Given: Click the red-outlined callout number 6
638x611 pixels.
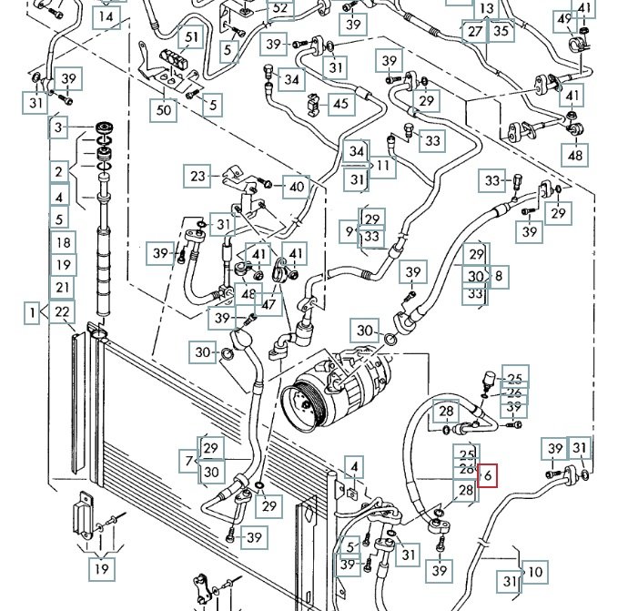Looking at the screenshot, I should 488,474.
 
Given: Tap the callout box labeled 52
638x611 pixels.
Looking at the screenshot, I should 279,8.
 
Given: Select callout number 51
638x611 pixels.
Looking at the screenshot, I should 191,37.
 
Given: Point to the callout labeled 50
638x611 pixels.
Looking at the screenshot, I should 163,110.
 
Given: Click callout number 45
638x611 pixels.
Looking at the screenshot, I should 340,104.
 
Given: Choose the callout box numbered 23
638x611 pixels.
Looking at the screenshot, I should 198,176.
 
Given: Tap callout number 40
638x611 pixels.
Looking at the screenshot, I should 297,188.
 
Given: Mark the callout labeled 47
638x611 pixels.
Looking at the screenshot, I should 268,303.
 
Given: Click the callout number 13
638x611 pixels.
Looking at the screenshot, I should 487,8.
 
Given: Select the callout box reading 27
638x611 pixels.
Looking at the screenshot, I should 475,31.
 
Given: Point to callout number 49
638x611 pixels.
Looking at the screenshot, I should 565,19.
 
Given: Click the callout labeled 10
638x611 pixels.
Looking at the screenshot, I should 535,572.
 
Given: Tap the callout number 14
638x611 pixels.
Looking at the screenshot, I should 107,16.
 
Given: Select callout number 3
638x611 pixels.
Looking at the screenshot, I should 60,127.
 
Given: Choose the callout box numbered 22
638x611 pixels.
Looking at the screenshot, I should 61,311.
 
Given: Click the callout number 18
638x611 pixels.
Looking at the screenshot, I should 61,242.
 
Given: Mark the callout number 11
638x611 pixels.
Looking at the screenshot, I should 382,167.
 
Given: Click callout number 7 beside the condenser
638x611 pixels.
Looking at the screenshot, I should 189,461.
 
